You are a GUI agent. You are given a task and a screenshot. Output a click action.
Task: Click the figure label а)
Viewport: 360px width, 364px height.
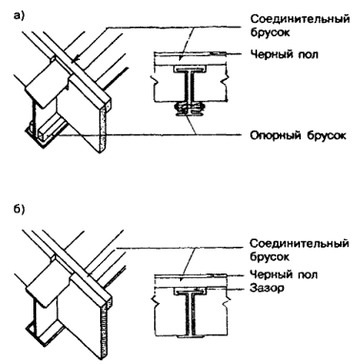coord(19,16)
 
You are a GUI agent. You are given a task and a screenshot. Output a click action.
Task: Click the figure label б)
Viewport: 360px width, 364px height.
coord(19,210)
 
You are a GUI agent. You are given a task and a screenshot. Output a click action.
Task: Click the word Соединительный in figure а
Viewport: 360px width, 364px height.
coord(300,19)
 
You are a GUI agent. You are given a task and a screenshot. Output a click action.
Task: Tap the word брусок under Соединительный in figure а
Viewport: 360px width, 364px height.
coord(270,32)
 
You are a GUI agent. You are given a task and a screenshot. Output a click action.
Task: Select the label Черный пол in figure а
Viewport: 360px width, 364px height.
coord(284,54)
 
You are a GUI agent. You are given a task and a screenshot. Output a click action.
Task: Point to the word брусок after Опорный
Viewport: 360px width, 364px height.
coord(327,135)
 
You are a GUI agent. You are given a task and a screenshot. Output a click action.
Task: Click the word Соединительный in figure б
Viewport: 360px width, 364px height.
coord(299,244)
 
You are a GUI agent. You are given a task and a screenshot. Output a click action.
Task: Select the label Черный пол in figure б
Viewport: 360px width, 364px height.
coord(284,274)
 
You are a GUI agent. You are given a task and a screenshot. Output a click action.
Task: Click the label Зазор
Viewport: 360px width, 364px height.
coord(267,288)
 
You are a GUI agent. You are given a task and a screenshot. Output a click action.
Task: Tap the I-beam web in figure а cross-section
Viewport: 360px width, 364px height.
coord(190,88)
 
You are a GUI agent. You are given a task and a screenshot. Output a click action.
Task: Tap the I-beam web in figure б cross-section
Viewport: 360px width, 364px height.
coord(190,313)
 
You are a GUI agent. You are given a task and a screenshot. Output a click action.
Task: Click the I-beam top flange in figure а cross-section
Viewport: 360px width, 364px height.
coord(190,69)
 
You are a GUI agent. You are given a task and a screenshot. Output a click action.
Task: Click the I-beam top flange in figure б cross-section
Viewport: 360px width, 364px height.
coord(190,291)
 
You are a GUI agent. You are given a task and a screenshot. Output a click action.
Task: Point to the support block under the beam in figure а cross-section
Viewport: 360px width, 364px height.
coord(190,111)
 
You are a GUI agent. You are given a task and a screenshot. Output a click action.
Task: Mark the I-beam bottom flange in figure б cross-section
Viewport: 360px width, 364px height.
coord(190,336)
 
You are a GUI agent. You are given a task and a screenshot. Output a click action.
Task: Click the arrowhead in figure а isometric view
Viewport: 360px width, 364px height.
coord(75,60)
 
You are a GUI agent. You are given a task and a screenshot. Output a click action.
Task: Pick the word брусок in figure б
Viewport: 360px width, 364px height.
coord(270,256)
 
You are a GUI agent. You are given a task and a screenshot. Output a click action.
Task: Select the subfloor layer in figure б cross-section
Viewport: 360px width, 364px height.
coord(190,280)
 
